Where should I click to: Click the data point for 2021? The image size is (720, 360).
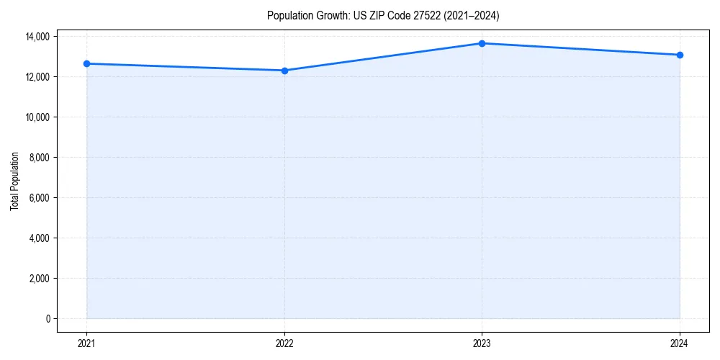[86, 63]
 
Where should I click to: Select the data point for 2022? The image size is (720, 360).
[284, 71]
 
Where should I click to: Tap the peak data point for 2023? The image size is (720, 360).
[482, 43]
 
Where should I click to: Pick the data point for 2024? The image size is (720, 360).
[680, 55]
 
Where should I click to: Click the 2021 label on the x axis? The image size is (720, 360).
[86, 343]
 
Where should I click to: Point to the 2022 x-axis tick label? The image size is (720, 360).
[284, 343]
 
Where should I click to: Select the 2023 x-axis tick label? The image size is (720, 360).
[482, 343]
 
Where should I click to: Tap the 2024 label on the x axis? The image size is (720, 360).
[680, 343]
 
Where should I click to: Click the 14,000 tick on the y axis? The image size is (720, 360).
[37, 37]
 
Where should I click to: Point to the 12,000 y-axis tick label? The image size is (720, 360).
[37, 77]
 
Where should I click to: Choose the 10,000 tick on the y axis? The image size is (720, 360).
[37, 117]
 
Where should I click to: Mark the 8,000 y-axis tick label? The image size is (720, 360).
[40, 158]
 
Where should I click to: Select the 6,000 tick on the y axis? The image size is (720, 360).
[40, 198]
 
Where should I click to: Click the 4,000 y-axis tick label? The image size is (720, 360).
[40, 238]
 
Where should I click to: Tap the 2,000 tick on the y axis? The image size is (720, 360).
[40, 279]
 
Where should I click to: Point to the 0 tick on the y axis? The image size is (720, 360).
[48, 319]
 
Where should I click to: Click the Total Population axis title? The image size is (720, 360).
[14, 181]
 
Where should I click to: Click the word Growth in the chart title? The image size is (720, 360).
[333, 15]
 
